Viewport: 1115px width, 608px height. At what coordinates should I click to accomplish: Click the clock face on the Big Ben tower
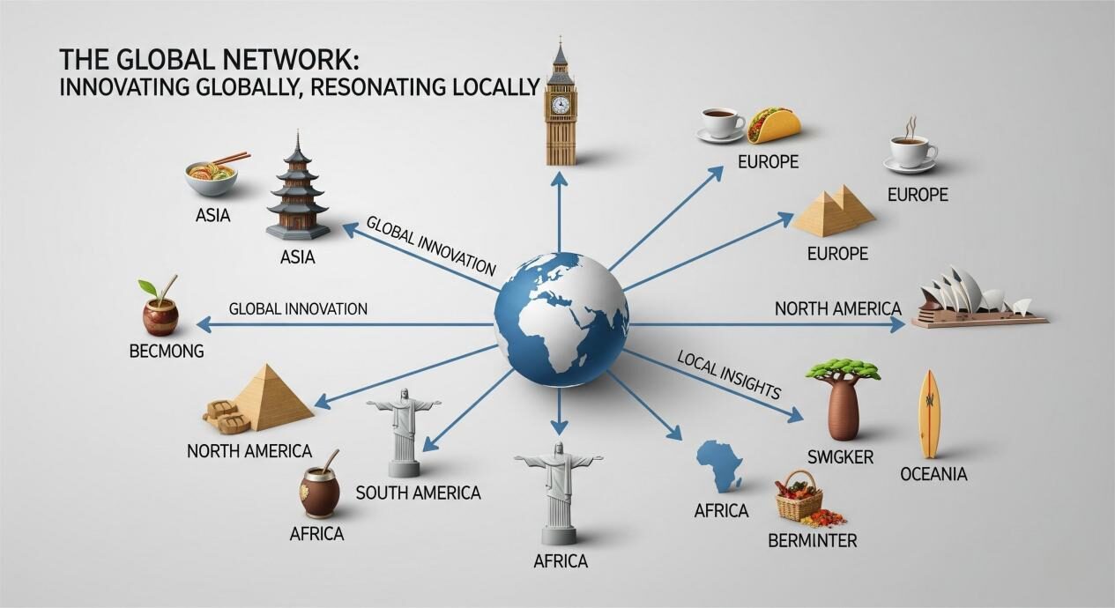(x=560, y=105)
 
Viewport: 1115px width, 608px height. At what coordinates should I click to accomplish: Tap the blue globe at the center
(x=561, y=318)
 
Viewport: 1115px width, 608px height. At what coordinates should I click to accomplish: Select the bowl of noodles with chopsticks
(x=212, y=171)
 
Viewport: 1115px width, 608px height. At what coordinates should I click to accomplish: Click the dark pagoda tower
(x=297, y=189)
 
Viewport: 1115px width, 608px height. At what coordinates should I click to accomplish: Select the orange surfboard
(x=929, y=414)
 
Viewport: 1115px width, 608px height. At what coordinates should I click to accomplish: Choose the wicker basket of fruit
(x=799, y=497)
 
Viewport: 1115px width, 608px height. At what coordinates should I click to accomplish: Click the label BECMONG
(x=167, y=351)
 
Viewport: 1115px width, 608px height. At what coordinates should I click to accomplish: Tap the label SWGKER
(x=840, y=456)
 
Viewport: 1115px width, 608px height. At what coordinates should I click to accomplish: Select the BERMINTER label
(x=812, y=540)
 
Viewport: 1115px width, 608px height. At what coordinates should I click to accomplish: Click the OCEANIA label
(x=933, y=474)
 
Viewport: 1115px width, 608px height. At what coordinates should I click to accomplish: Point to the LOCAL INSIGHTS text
(x=730, y=374)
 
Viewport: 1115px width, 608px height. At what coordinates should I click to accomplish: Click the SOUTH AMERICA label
(x=418, y=493)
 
